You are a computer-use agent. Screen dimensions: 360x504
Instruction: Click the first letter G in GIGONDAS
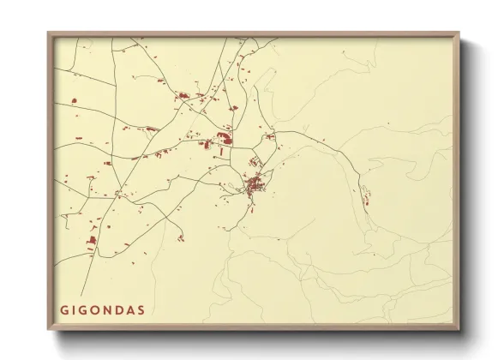[63, 309]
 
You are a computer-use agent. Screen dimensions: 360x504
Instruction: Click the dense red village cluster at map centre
[255, 185]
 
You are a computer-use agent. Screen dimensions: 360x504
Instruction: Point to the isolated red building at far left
[74, 101]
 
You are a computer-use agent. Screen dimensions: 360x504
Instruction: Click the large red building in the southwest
[93, 242]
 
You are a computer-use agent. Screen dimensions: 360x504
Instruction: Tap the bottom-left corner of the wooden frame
[49, 329]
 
